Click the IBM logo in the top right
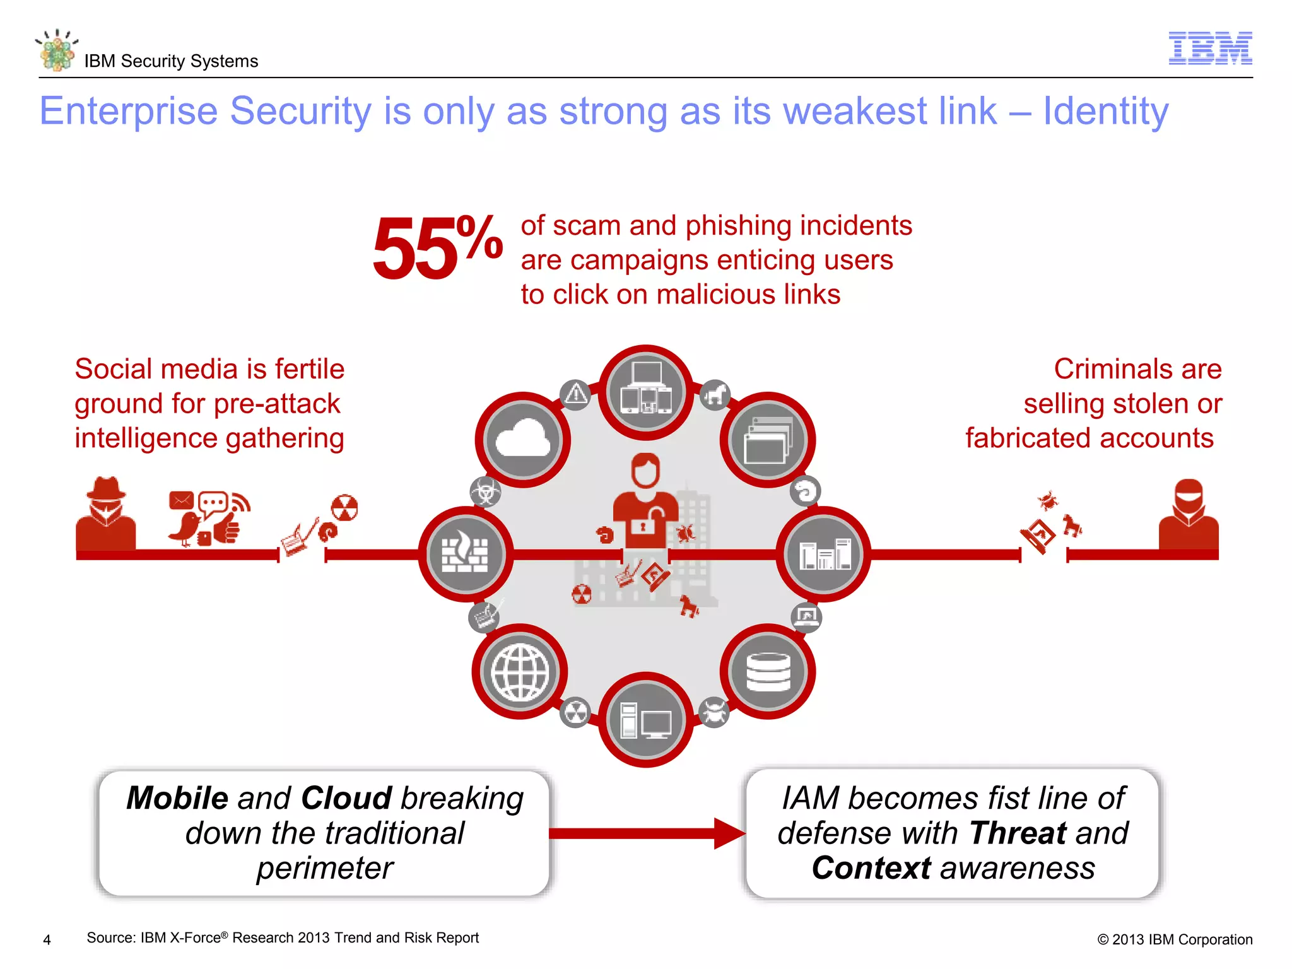point(1210,48)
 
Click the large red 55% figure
point(437,247)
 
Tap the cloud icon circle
point(522,440)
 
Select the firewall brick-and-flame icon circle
point(466,553)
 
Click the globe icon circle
point(520,672)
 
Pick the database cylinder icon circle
point(768,671)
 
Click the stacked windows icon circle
point(768,440)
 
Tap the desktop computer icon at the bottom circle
point(646,719)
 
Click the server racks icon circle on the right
point(823,553)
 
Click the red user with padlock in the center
point(646,502)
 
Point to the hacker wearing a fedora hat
point(105,512)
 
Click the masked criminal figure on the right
point(1189,514)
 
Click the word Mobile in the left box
point(177,798)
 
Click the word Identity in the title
point(1105,112)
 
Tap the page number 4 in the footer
point(47,940)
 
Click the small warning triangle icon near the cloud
point(575,395)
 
